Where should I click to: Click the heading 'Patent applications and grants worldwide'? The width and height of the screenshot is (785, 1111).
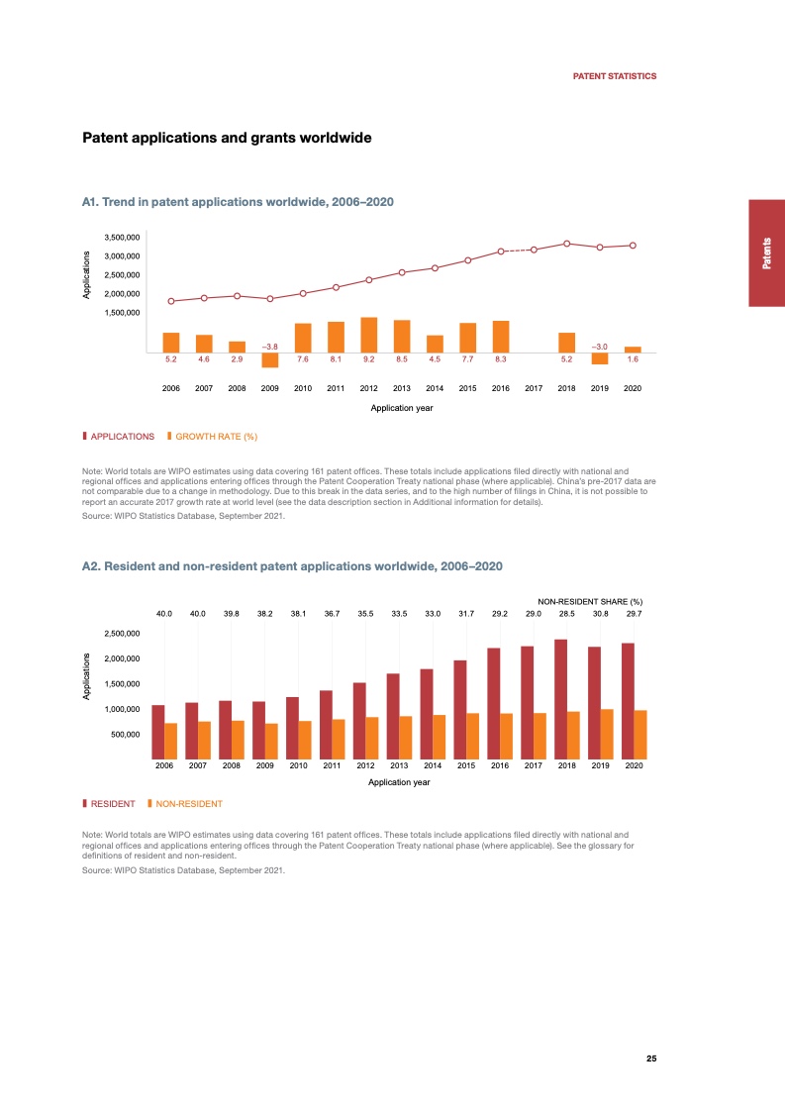pyautogui.click(x=227, y=138)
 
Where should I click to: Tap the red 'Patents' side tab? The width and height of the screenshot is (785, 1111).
pyautogui.click(x=767, y=252)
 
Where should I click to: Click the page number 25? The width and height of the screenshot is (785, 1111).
pyautogui.click(x=651, y=1059)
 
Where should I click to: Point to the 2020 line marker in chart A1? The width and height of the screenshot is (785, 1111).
pyautogui.click(x=633, y=246)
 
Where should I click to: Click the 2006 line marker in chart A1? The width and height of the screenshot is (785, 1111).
pyautogui.click(x=170, y=301)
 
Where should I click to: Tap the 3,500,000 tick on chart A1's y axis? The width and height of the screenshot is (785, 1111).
pyautogui.click(x=122, y=238)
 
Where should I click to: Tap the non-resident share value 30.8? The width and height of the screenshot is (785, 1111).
pyautogui.click(x=600, y=614)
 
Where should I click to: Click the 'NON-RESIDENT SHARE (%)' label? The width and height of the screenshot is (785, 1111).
pyautogui.click(x=590, y=601)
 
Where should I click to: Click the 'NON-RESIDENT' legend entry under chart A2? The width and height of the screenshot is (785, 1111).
pyautogui.click(x=188, y=803)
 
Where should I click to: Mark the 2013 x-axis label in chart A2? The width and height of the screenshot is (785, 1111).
pyautogui.click(x=399, y=766)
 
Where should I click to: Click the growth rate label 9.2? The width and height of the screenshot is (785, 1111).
pyautogui.click(x=368, y=359)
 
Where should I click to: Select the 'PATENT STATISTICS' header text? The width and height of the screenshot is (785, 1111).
pyautogui.click(x=615, y=76)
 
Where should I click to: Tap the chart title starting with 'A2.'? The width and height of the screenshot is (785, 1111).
pyautogui.click(x=292, y=565)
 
